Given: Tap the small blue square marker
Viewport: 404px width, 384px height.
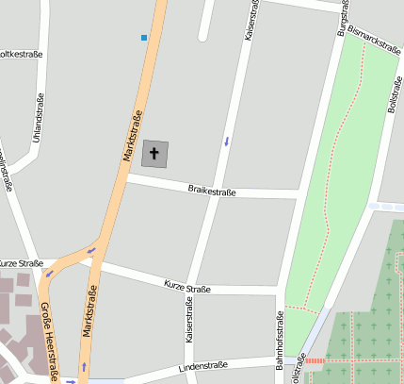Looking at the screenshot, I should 144,38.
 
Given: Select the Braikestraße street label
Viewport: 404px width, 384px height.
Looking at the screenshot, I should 212,192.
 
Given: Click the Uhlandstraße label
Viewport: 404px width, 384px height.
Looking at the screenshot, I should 38,119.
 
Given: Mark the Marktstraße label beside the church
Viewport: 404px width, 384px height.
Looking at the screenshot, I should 133,135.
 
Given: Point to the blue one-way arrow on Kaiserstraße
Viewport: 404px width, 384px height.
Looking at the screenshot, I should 226,142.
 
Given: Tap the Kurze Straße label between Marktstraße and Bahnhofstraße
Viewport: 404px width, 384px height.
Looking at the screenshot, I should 186,285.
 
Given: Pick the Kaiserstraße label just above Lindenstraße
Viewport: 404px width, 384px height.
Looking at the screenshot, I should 188,321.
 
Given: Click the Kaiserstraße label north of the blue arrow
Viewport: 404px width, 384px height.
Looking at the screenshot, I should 250,21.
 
